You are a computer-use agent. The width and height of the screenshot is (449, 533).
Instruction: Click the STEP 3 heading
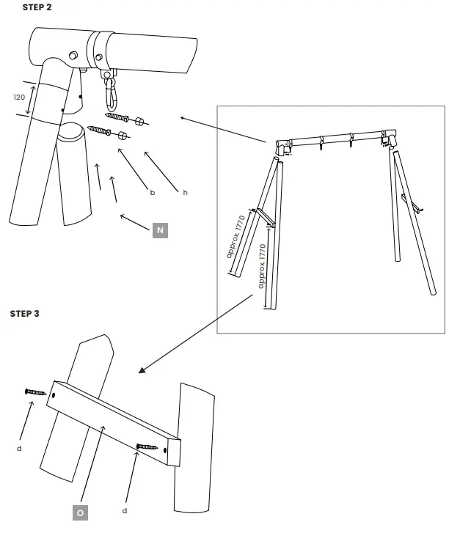[x=24, y=314]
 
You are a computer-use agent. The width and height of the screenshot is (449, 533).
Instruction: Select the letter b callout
[x=152, y=193]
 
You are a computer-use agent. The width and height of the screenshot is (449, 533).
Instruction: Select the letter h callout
[x=185, y=192]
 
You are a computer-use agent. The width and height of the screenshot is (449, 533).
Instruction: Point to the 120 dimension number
[x=19, y=97]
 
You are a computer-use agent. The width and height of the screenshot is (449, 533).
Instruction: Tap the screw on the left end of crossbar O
[x=34, y=393]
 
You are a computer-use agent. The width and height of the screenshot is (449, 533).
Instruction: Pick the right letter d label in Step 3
[x=125, y=510]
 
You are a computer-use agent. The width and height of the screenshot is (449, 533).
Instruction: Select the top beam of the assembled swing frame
[x=334, y=138]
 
